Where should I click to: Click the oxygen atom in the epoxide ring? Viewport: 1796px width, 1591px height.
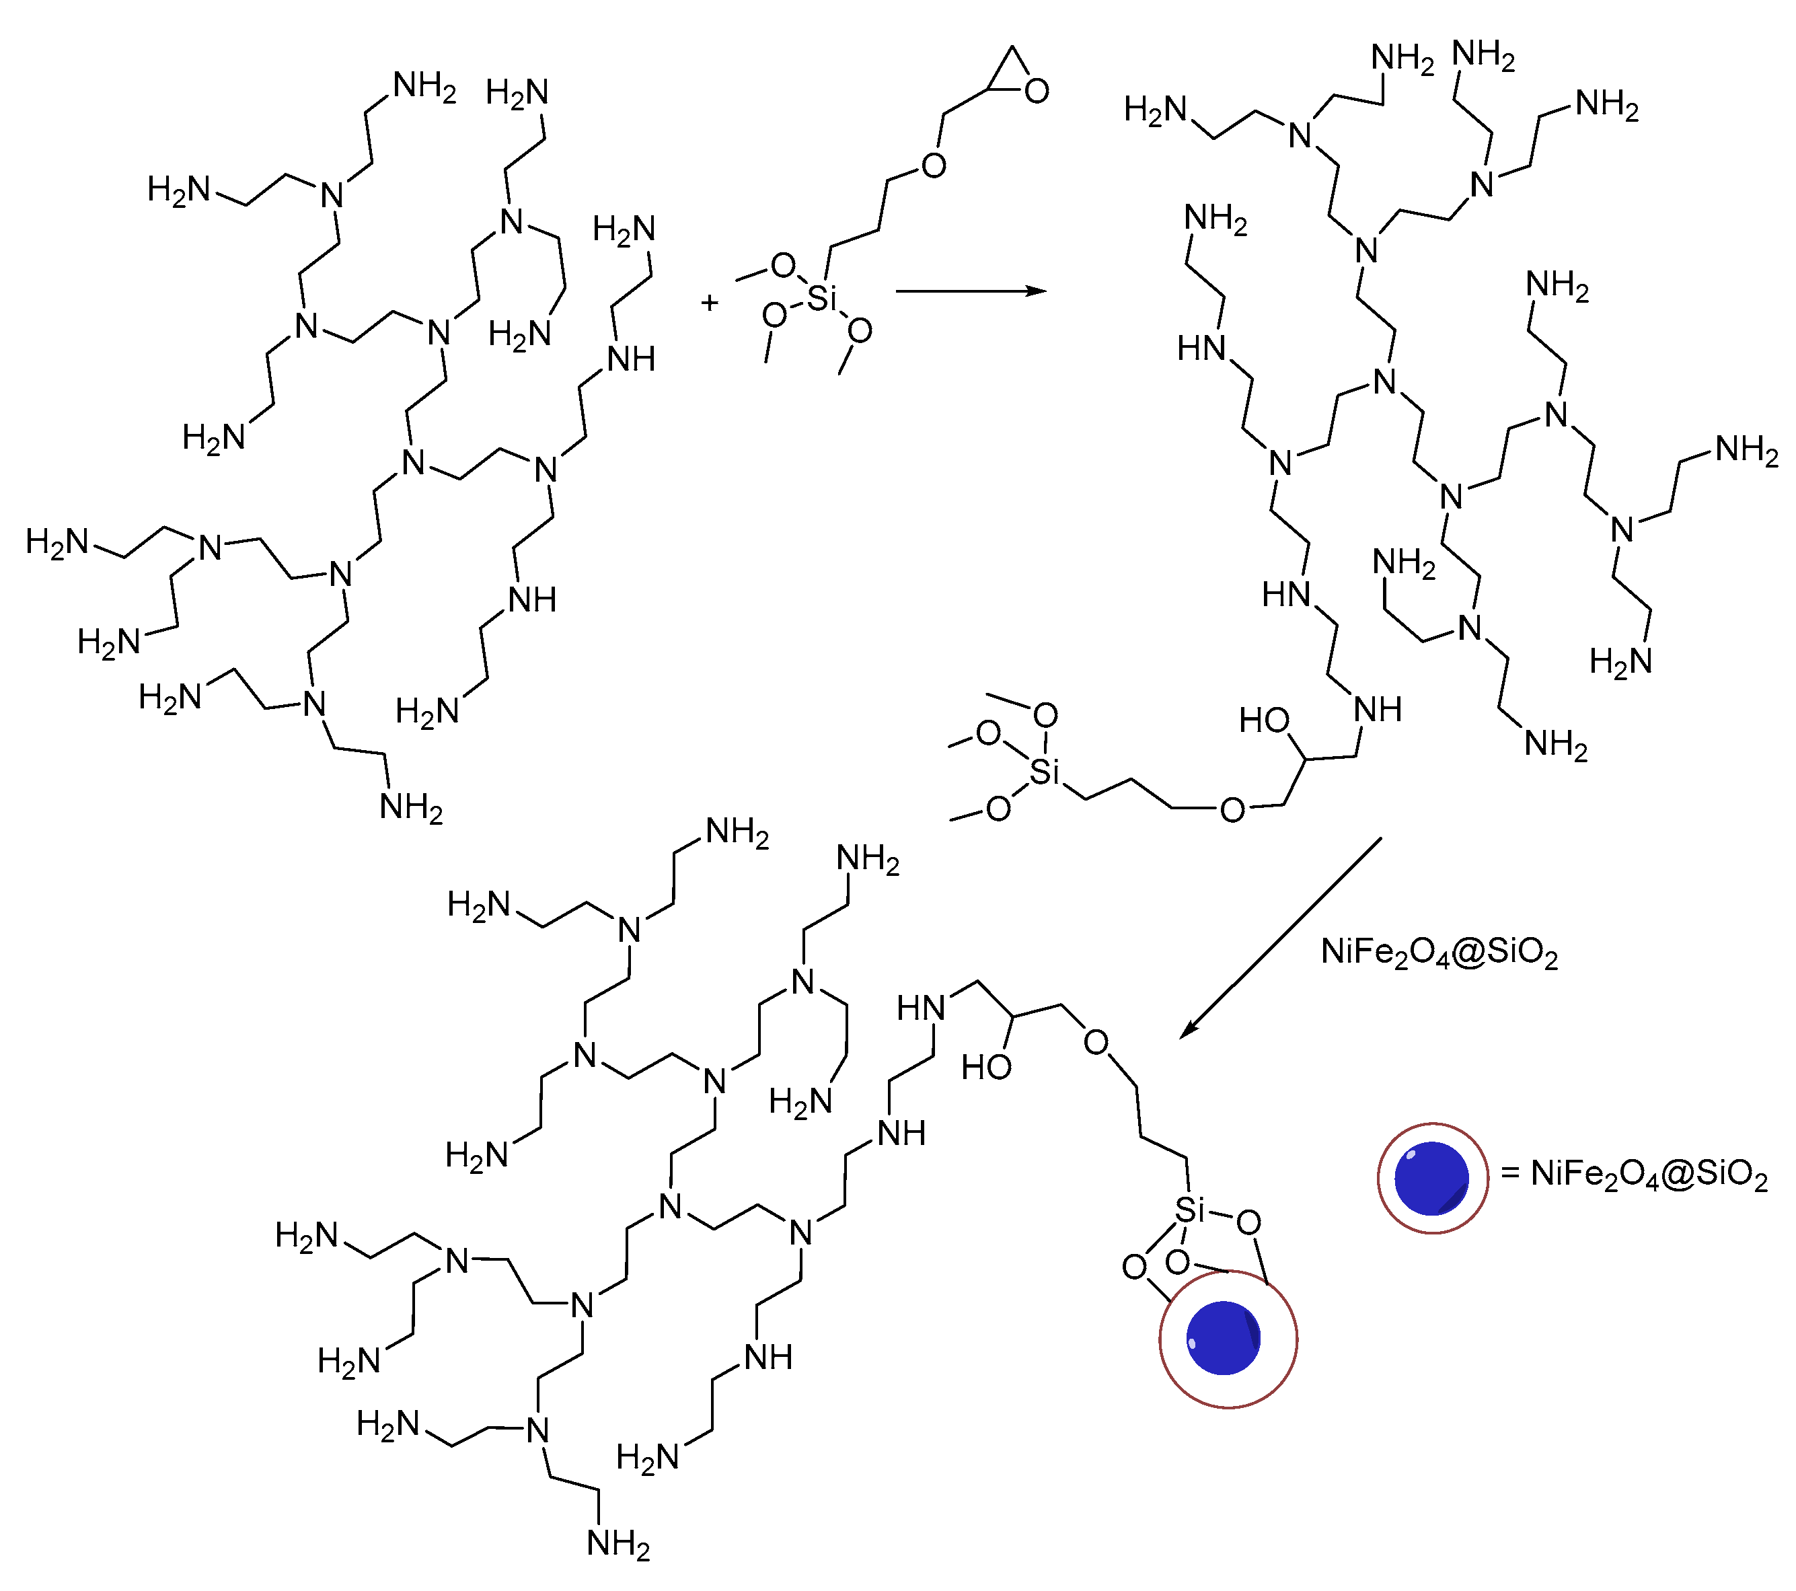[x=1037, y=91]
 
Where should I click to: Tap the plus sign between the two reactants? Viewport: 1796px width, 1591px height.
[x=710, y=303]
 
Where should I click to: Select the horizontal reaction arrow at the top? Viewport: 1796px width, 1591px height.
[x=970, y=291]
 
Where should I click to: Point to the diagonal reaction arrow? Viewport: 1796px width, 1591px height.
[x=1280, y=937]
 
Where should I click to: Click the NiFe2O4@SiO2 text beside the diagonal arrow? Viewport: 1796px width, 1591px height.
[x=1439, y=953]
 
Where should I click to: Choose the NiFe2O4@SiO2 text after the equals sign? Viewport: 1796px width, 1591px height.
[x=1649, y=1175]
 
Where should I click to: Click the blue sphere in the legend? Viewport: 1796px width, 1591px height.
[x=1431, y=1178]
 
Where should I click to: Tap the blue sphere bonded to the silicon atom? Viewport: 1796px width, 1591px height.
[x=1223, y=1338]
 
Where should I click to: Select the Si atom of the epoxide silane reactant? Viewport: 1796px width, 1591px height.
[x=821, y=299]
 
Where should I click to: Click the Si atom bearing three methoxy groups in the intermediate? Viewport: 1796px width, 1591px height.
[x=1044, y=772]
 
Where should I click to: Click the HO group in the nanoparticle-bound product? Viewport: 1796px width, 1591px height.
[x=986, y=1068]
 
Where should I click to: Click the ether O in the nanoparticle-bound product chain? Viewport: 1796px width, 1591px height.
[x=1096, y=1042]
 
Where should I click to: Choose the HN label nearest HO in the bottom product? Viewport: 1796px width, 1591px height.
[x=921, y=1008]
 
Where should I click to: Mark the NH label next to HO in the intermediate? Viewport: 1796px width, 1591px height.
[x=1378, y=710]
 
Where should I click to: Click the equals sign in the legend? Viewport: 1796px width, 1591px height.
[x=1510, y=1174]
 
